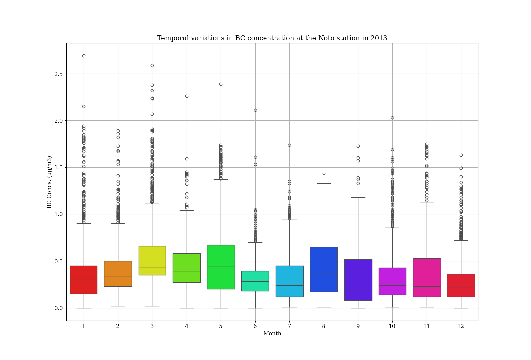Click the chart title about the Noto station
[272, 38]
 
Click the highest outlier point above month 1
[84, 56]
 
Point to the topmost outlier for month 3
[152, 65]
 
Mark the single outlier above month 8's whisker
[324, 173]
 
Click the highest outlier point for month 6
[255, 110]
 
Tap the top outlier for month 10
[392, 118]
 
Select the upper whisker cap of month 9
[358, 197]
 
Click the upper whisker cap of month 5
[221, 179]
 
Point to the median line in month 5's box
[221, 267]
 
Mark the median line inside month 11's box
[427, 286]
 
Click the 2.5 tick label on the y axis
[58, 74]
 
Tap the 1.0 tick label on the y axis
[58, 214]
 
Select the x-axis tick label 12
[461, 326]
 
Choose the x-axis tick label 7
[289, 326]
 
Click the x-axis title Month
[272, 334]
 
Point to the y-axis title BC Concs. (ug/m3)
[49, 182]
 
